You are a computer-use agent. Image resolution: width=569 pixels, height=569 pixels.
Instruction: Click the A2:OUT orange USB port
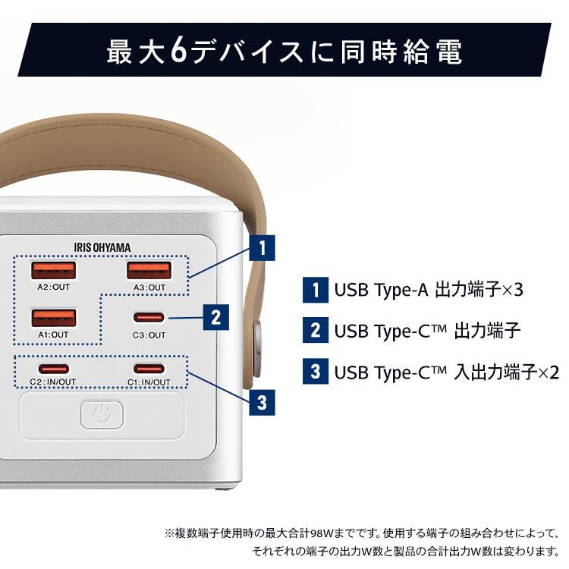coord(53,271)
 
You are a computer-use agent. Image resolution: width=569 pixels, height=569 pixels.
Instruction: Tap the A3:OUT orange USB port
coord(147,271)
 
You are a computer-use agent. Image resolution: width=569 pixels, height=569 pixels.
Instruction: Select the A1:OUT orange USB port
coord(53,317)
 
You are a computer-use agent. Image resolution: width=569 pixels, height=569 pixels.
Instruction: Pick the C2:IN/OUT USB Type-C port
coord(53,369)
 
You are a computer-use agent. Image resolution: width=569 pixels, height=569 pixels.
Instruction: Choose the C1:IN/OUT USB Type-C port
coord(147,369)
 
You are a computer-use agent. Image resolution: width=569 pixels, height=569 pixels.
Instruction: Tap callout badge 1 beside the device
coord(262,248)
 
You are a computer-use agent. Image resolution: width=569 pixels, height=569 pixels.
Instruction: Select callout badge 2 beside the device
coord(216,317)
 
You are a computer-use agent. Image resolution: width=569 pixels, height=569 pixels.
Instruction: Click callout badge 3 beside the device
coord(262,402)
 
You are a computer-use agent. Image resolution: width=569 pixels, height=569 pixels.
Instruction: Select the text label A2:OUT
coord(53,288)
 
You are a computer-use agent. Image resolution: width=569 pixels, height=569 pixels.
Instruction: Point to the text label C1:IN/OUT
coord(149,382)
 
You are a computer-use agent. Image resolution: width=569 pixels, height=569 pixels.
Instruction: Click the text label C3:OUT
coord(149,335)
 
